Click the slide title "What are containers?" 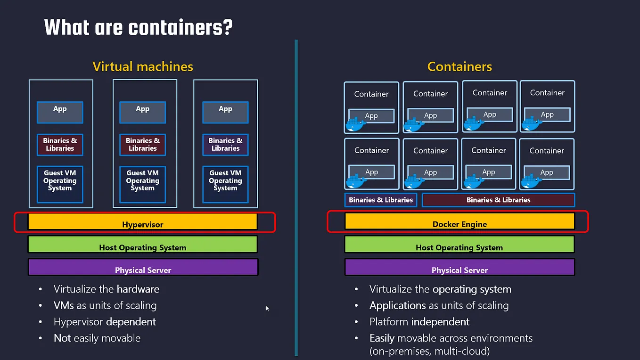(138, 27)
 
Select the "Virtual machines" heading (143, 66)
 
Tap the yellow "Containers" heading (459, 67)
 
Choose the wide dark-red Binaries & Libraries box (498, 200)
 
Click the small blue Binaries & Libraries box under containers (381, 200)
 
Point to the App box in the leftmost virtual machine (60, 112)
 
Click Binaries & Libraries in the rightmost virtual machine (225, 145)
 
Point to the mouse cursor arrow (267, 309)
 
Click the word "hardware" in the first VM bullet (138, 289)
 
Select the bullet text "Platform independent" (419, 322)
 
